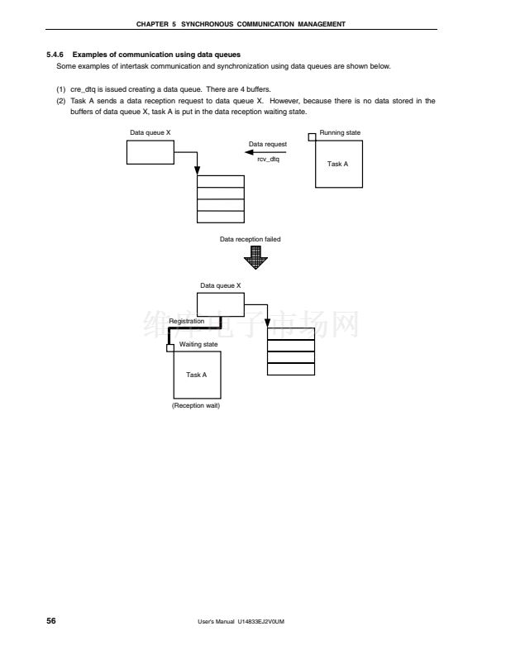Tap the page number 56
tap(51, 620)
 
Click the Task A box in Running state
tap(338, 164)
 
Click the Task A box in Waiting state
tap(197, 375)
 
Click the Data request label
tap(268, 145)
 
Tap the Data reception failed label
tap(250, 239)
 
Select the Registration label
tap(186, 321)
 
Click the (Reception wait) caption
tap(196, 405)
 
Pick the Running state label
tap(340, 133)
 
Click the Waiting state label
tap(198, 344)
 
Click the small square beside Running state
tap(313, 136)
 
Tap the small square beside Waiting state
tap(170, 347)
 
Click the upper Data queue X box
tap(150, 152)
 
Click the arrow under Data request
tap(265, 151)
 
